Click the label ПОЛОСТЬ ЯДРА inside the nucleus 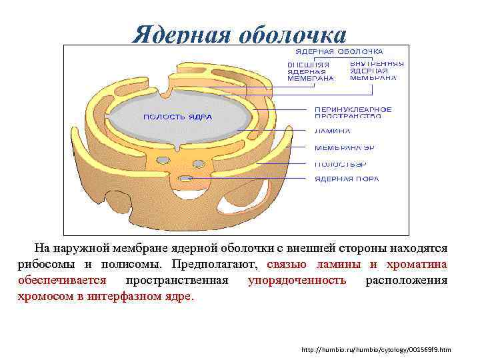coord(177,117)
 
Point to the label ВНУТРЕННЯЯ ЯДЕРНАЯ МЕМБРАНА coord(377,70)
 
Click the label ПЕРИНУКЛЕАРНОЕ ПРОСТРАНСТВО coord(353,113)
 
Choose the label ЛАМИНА coord(332,131)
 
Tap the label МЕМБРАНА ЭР coord(340,147)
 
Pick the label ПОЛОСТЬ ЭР coord(340,163)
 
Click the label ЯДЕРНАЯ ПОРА coord(347,179)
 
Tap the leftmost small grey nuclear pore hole coord(163,160)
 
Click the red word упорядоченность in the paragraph coord(297,280)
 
